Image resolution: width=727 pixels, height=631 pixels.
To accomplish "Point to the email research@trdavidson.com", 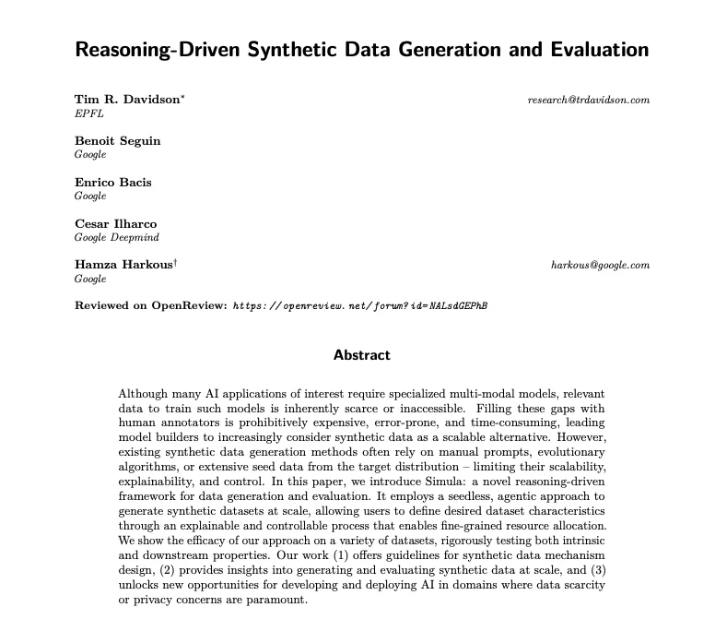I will tap(589, 100).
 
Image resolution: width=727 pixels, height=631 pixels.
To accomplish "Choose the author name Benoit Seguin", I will tap(117, 140).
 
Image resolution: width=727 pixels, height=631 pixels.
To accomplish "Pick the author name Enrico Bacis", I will tap(112, 182).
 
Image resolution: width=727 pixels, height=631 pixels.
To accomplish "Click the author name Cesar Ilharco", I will tap(115, 223).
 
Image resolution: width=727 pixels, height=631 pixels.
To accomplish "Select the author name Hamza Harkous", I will tap(123, 265).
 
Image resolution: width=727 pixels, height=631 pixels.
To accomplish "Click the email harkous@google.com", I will tap(600, 265).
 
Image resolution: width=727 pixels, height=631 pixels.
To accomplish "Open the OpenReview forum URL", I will tap(360, 305).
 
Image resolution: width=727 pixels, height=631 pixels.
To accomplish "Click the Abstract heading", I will tap(362, 354).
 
